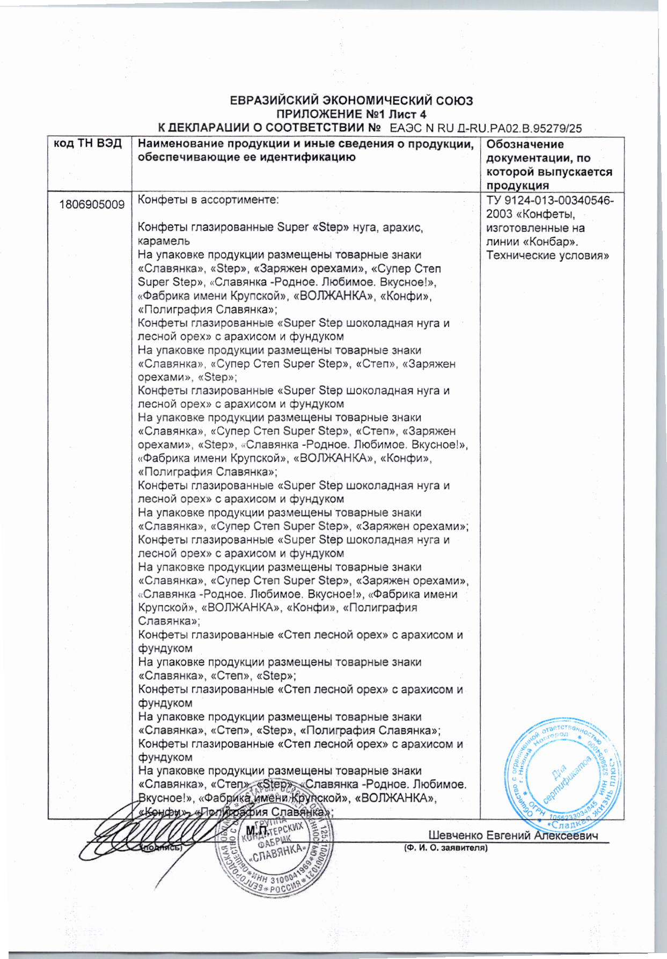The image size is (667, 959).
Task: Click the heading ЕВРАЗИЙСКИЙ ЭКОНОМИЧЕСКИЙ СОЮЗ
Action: click(351, 100)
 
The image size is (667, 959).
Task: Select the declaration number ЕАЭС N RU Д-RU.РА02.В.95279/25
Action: click(486, 128)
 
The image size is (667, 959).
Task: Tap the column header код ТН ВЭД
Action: click(88, 144)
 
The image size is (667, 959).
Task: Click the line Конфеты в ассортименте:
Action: click(208, 200)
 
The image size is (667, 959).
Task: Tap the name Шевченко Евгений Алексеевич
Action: click(513, 835)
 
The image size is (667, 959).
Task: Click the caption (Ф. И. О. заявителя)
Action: click(445, 848)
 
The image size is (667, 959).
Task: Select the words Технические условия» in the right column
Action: click(547, 255)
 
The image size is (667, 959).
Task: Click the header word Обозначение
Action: click(525, 144)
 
